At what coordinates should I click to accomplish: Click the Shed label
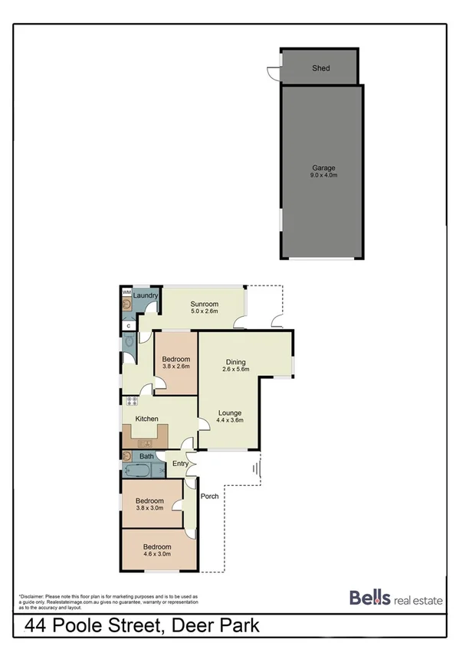[x=320, y=68]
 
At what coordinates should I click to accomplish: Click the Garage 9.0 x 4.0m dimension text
[x=323, y=175]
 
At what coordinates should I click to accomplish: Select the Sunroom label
[x=205, y=304]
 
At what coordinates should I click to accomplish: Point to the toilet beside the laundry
[x=128, y=346]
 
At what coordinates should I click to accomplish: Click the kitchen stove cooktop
[x=132, y=400]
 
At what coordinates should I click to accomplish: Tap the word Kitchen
[x=146, y=419]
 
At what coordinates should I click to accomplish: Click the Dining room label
[x=235, y=362]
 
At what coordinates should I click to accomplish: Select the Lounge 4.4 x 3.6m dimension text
[x=229, y=420]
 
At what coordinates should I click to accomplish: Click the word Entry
[x=180, y=463]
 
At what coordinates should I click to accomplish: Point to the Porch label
[x=210, y=496]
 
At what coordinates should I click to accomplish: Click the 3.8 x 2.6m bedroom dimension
[x=175, y=366]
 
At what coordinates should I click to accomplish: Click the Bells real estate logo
[x=395, y=598]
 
